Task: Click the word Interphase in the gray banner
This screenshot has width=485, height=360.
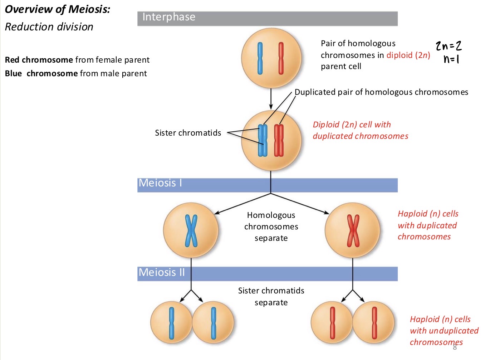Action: [x=169, y=17]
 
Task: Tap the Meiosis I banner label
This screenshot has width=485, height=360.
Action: [x=160, y=183]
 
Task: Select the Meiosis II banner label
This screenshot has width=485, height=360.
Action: [x=162, y=272]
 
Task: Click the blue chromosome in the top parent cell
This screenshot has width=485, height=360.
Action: [x=260, y=58]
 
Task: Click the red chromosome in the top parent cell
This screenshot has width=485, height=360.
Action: [x=281, y=58]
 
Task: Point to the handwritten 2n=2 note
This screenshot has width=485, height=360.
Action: [x=449, y=46]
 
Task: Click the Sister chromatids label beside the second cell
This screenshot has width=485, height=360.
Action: [x=188, y=133]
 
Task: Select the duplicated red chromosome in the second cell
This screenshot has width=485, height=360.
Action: [x=279, y=140]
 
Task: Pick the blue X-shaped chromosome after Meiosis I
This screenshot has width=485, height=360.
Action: [x=191, y=231]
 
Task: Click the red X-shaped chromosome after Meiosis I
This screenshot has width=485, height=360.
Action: [x=353, y=231]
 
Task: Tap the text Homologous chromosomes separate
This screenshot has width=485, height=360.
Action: [x=271, y=227]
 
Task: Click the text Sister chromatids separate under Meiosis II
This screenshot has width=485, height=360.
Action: [x=271, y=296]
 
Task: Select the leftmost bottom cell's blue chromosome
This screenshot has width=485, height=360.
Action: [x=172, y=323]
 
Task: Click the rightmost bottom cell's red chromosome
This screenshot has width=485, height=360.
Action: [x=374, y=323]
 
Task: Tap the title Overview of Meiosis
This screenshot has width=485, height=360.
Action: [x=57, y=9]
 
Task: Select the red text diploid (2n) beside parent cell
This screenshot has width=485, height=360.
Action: [x=408, y=55]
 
